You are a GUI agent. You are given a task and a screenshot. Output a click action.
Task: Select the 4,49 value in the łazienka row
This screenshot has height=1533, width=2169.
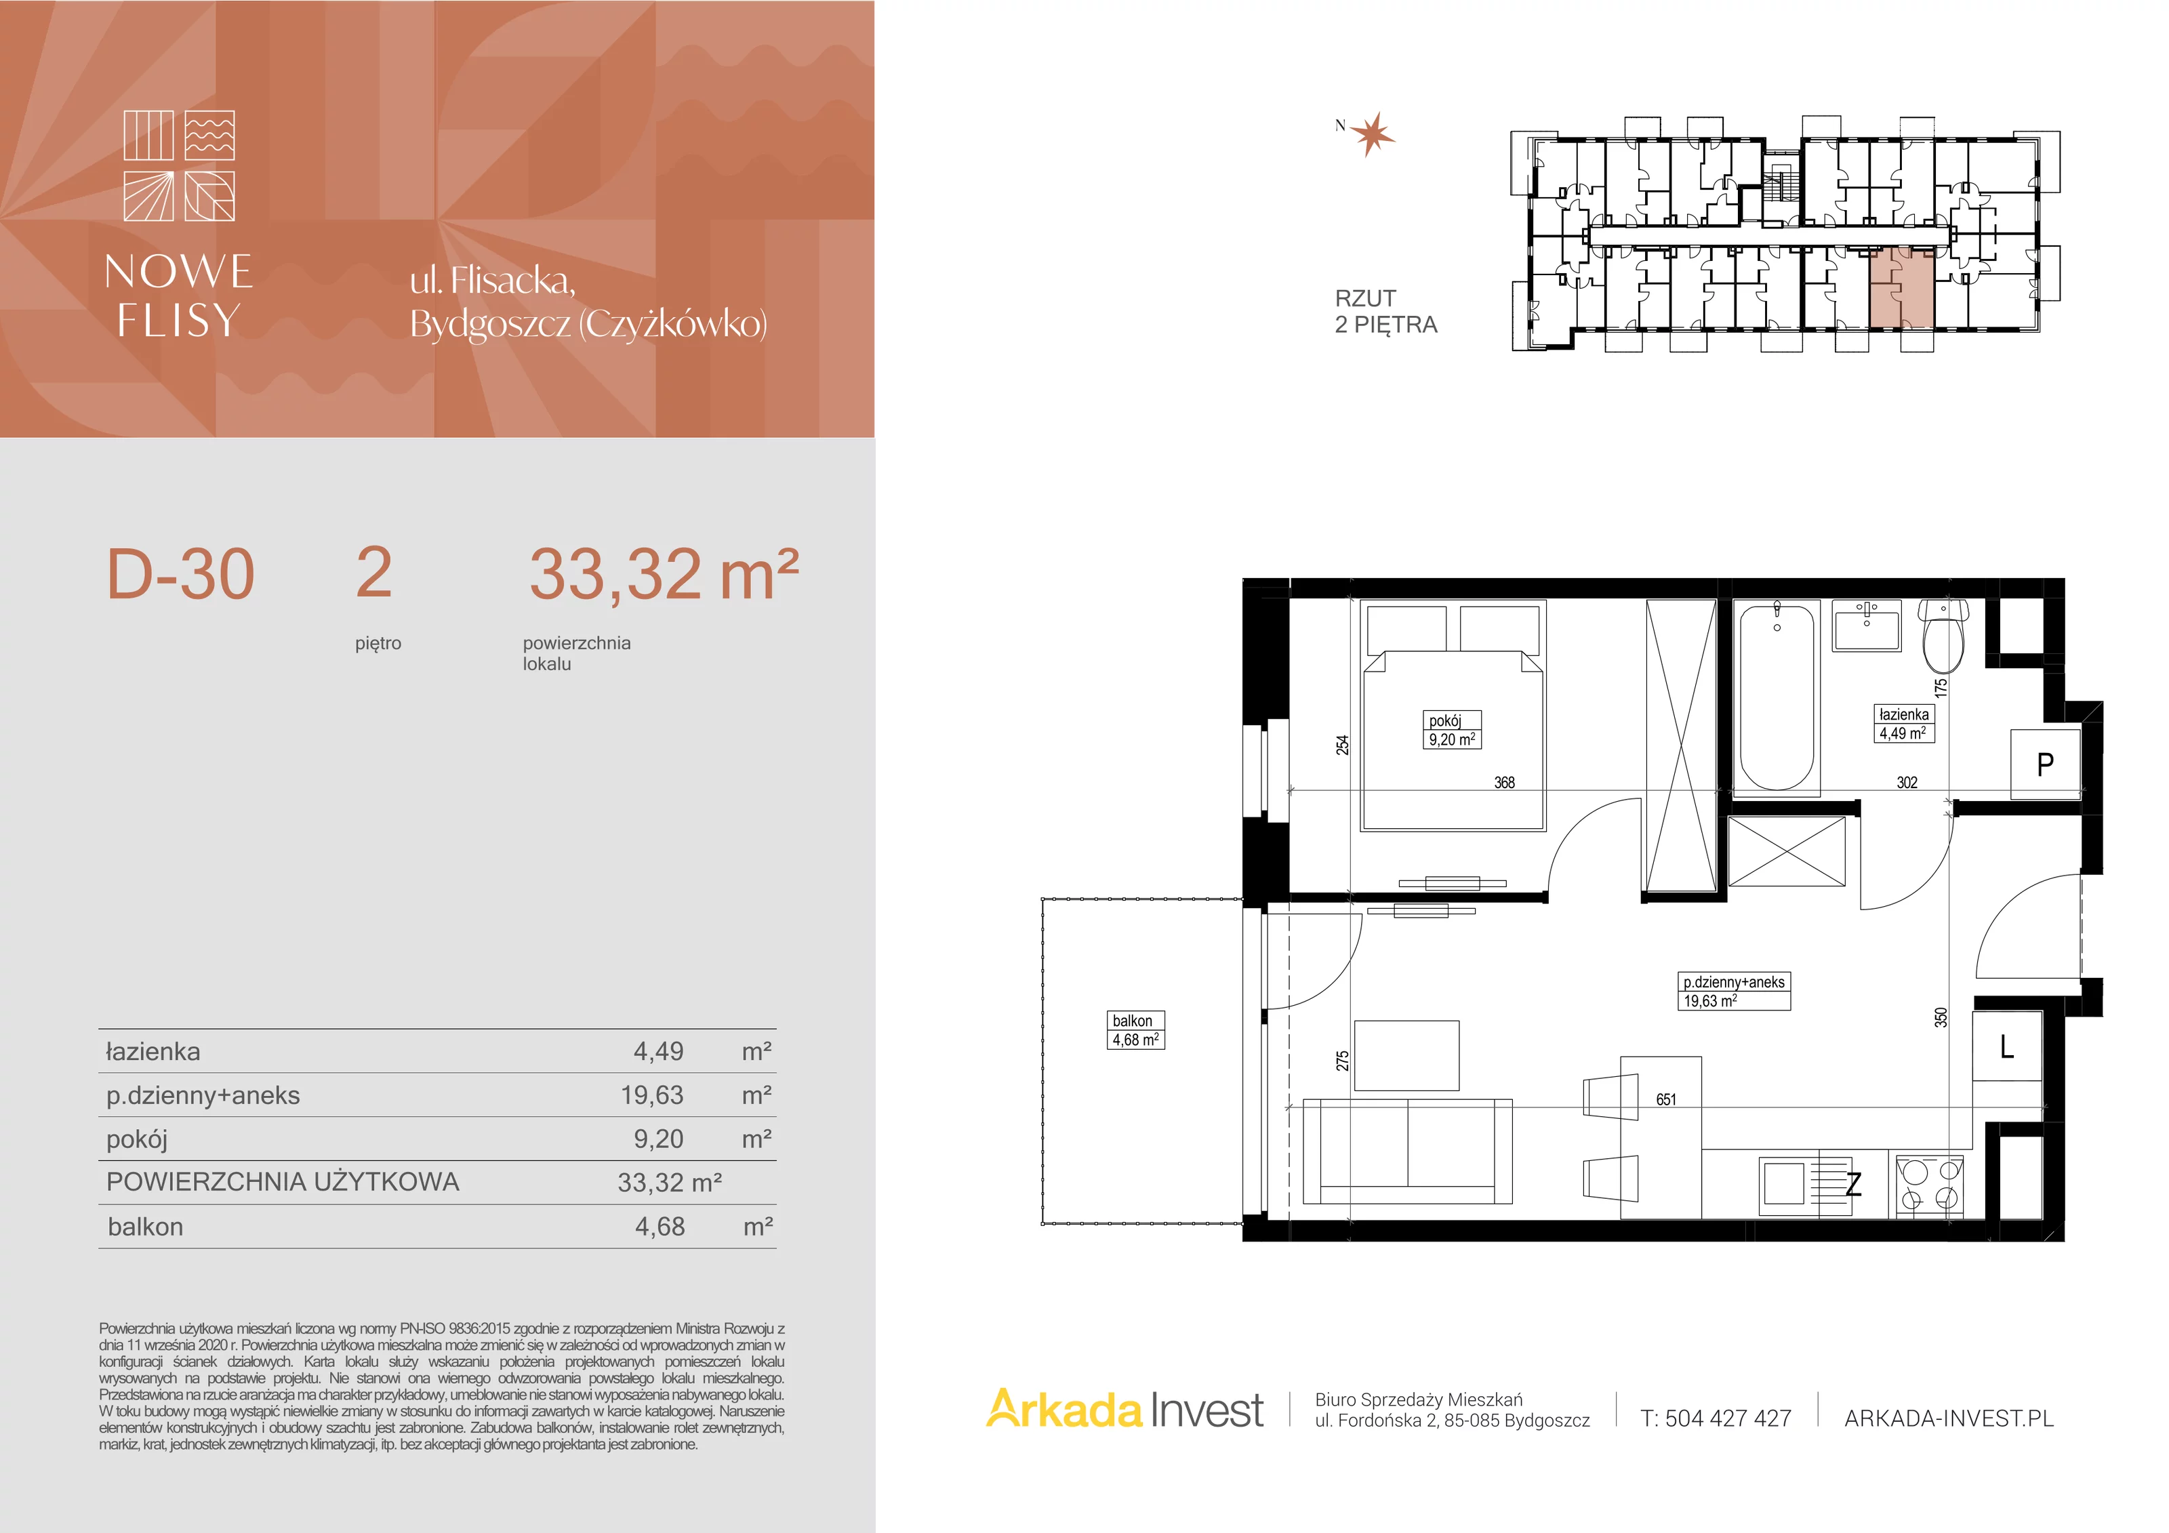click(658, 1051)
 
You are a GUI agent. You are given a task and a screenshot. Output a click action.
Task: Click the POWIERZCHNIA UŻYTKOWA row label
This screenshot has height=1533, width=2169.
click(283, 1182)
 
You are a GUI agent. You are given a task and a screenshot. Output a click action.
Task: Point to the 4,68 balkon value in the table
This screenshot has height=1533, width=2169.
click(660, 1226)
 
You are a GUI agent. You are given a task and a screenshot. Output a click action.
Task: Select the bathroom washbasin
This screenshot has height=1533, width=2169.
click(1867, 626)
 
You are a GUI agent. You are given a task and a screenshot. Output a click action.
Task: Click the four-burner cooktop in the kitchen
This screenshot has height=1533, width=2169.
click(1929, 1183)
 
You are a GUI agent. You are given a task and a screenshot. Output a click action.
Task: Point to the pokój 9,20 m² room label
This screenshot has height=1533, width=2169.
click(1452, 729)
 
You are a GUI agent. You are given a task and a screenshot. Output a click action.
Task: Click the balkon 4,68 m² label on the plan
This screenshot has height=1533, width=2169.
click(1135, 1029)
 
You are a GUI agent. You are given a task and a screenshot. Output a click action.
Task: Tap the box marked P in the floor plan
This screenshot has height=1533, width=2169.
click(2045, 763)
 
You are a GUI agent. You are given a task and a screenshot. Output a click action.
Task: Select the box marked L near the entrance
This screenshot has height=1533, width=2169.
click(2008, 1046)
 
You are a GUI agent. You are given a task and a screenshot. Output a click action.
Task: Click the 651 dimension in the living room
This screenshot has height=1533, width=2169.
click(1667, 1099)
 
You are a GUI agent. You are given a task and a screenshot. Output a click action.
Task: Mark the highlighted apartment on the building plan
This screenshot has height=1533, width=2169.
click(1902, 288)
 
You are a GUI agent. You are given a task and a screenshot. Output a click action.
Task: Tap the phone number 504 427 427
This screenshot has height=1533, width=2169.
click(1728, 1418)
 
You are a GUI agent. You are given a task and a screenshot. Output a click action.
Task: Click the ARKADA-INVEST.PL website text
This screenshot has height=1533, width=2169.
click(1949, 1418)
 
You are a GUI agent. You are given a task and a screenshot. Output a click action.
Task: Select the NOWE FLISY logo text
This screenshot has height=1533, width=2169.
click(178, 295)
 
